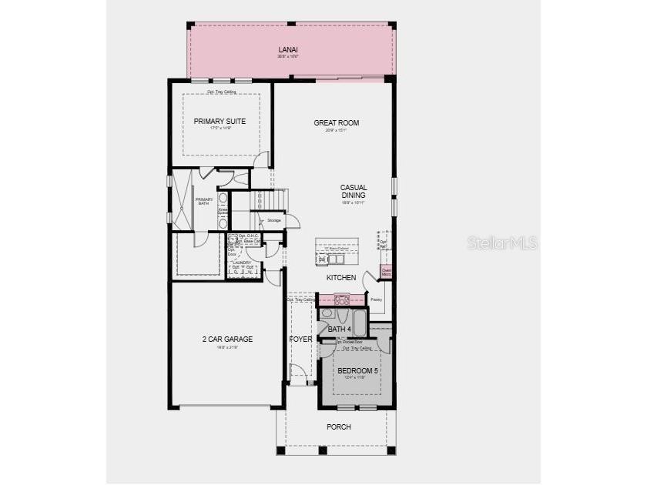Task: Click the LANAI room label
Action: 288,50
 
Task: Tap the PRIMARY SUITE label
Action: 220,122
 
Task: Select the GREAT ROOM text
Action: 336,123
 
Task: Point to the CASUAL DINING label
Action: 354,191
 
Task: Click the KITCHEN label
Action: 341,277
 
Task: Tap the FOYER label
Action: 300,339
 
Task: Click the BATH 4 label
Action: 339,329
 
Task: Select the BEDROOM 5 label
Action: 358,371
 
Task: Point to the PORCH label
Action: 338,426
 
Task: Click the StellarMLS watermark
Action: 502,242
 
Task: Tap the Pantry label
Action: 377,299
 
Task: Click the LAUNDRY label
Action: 244,263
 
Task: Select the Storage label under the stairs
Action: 274,221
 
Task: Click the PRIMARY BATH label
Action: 203,201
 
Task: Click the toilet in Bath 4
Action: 327,314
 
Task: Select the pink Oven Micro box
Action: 386,272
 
